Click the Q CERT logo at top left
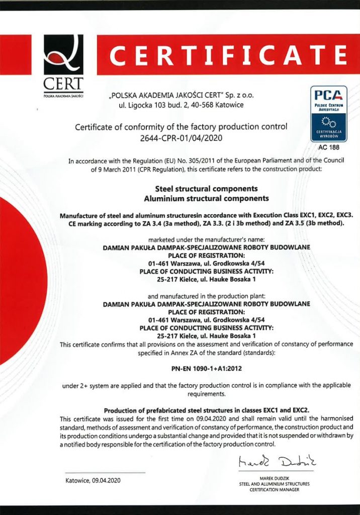[63, 65]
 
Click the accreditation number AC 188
[328, 147]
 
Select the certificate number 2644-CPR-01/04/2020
[181, 137]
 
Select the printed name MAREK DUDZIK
[274, 478]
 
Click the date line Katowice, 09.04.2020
[93, 480]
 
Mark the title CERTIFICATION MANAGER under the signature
[274, 489]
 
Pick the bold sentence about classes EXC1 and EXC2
[206, 410]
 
